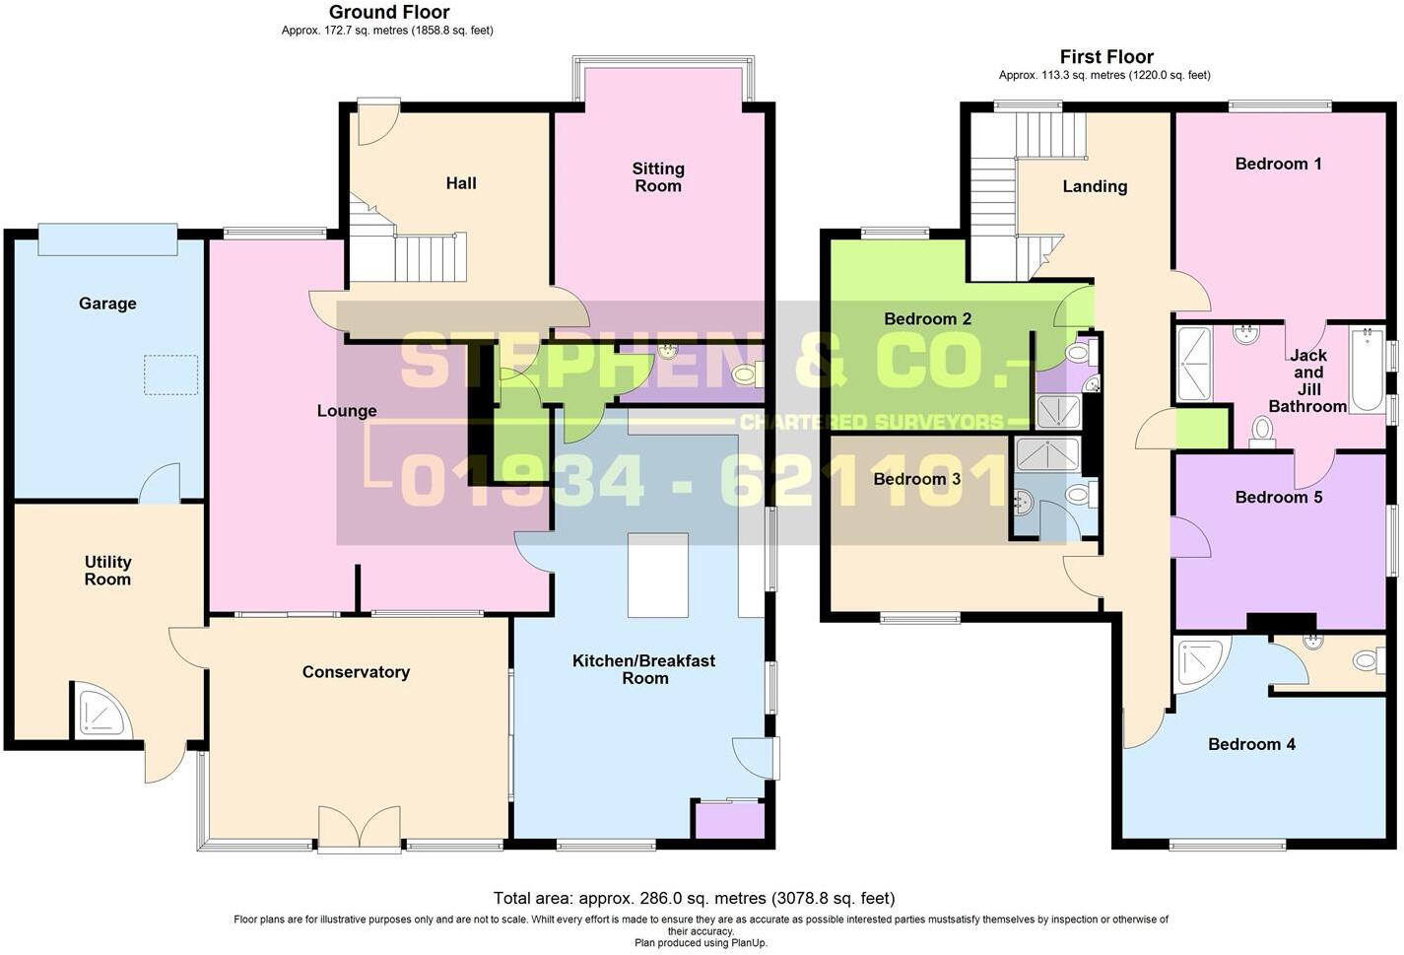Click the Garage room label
[107, 304]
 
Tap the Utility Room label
[107, 571]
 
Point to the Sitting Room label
[658, 177]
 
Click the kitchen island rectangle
[657, 575]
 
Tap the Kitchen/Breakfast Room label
[644, 669]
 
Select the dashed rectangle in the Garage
[171, 375]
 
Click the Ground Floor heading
[389, 13]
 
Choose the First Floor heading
[1106, 57]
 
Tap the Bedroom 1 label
[1278, 164]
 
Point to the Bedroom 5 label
[1278, 497]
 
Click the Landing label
[1095, 186]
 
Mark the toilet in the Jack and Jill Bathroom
[1262, 432]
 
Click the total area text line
[694, 898]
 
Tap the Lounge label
[347, 411]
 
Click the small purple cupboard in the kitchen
[730, 821]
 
